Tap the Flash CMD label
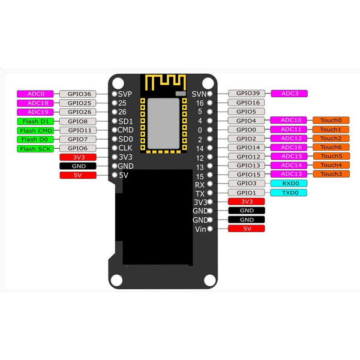click(x=35, y=130)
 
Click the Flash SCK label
click(x=35, y=148)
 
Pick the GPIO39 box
click(x=247, y=93)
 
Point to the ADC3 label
click(x=290, y=93)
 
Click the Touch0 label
click(x=330, y=120)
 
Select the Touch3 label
click(x=330, y=174)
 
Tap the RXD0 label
click(x=289, y=183)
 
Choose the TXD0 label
click(x=289, y=193)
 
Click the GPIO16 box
click(x=247, y=103)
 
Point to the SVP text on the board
click(x=125, y=94)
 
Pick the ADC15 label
click(x=290, y=157)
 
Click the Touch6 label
click(x=330, y=147)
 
